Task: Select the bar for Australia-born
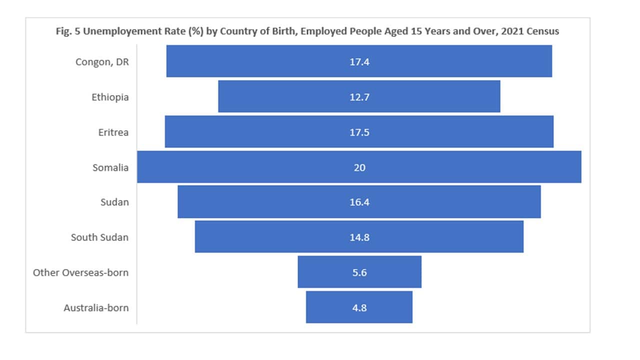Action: [x=330, y=307]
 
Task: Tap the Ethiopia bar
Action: [x=280, y=97]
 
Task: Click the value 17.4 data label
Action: [x=359, y=62]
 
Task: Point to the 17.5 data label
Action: [x=359, y=132]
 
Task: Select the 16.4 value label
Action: [x=359, y=202]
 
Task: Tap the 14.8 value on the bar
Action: [x=359, y=237]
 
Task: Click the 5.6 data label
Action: [x=359, y=272]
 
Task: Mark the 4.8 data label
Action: [x=359, y=308]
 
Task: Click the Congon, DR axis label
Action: [x=102, y=62]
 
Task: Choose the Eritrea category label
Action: [x=113, y=132]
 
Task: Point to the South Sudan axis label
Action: [x=99, y=237]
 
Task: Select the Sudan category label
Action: [x=114, y=202]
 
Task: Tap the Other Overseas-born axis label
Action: [x=80, y=272]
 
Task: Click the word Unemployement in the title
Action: [x=110, y=31]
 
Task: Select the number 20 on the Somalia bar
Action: [x=359, y=167]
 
